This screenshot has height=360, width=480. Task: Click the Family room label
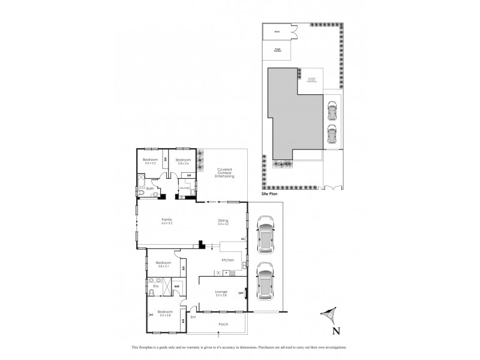coord(167,220)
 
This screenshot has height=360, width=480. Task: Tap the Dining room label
coord(223,220)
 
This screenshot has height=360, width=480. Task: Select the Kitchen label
coord(227,260)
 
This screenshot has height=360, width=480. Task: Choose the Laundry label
coord(184,188)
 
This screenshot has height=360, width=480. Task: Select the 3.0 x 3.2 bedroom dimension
coord(149,163)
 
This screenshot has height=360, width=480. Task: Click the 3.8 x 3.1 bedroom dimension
coord(164,266)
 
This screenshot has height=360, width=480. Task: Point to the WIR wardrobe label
coord(177,286)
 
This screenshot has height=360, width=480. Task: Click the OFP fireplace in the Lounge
coord(241,293)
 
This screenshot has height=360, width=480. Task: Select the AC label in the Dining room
coord(242,239)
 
